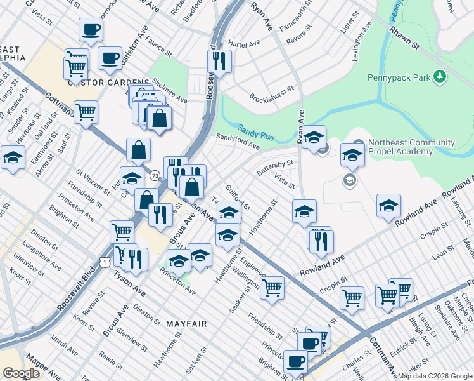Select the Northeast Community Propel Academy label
(414, 148)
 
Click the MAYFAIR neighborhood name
(187, 324)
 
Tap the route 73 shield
(155, 175)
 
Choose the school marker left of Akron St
(12, 158)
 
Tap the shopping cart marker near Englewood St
(272, 288)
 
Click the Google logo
(21, 373)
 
